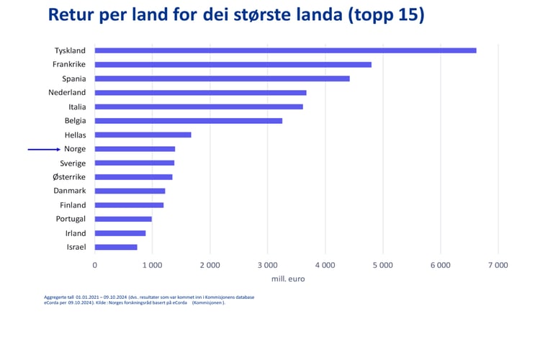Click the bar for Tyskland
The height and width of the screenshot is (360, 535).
pyautogui.click(x=285, y=50)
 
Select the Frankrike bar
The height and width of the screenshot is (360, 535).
pyautogui.click(x=233, y=65)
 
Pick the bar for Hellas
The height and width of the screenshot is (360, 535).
pyautogui.click(x=143, y=135)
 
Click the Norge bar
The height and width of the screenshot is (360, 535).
pyautogui.click(x=135, y=149)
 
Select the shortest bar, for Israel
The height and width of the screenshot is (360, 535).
pyautogui.click(x=116, y=247)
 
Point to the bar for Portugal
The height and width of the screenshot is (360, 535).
pyautogui.click(x=123, y=219)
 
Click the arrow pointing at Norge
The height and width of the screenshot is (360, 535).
pyautogui.click(x=45, y=149)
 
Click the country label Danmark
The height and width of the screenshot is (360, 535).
pyautogui.click(x=70, y=191)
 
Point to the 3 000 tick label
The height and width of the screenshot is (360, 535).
pyautogui.click(x=267, y=265)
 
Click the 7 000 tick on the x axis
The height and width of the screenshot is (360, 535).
pyautogui.click(x=498, y=265)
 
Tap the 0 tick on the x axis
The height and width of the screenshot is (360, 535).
pyautogui.click(x=95, y=265)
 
